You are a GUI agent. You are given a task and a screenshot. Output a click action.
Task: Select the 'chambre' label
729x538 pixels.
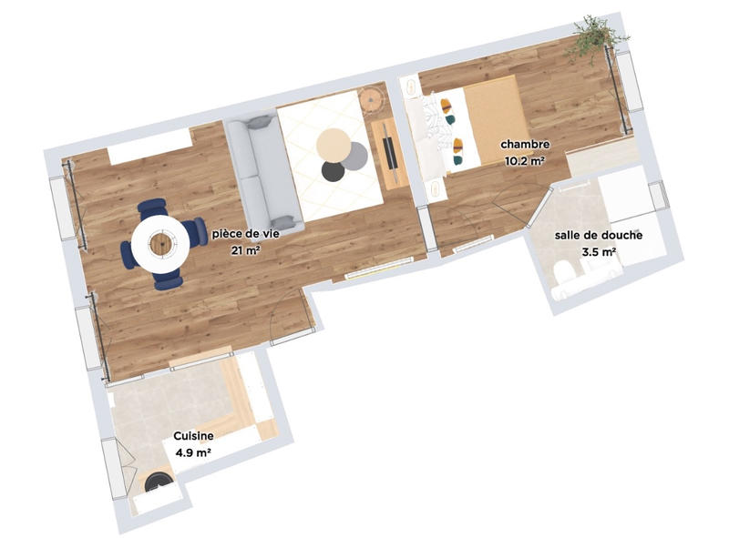[524, 145]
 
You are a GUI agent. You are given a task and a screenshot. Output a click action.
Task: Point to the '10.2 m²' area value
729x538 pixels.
[524, 160]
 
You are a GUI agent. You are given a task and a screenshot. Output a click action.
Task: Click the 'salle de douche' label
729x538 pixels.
[599, 235]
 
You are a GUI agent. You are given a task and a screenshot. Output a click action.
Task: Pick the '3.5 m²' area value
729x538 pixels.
[599, 251]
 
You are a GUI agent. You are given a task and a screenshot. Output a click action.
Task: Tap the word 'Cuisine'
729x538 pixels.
[194, 436]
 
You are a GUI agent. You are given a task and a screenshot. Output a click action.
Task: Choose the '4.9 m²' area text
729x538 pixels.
[193, 452]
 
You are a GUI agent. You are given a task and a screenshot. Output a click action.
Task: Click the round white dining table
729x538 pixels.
[161, 242]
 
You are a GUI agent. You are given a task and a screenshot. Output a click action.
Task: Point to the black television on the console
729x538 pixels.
[389, 151]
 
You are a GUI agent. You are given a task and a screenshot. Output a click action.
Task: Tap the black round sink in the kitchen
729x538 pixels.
[158, 479]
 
